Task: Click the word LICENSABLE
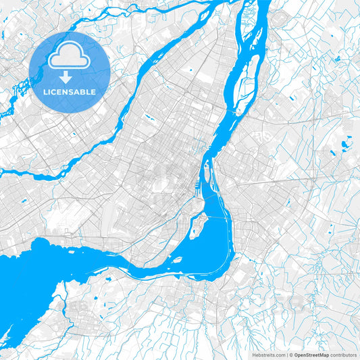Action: point(70,92)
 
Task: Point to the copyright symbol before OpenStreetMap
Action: point(292,354)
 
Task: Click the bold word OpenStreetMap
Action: point(311,354)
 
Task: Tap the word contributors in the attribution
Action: point(343,354)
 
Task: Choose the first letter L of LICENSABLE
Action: point(45,92)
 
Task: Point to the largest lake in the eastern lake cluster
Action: point(345,144)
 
